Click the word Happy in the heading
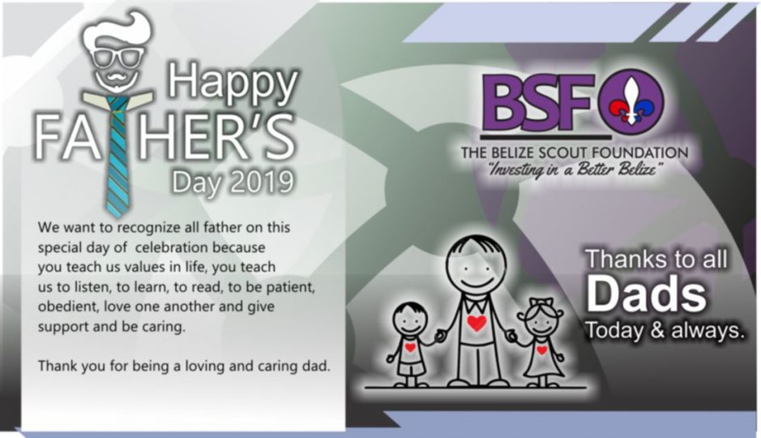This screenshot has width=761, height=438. pos(233,83)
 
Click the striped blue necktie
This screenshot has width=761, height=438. pos(117,156)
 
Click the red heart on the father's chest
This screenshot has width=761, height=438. pos(477,323)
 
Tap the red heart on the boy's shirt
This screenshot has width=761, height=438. pos(411,348)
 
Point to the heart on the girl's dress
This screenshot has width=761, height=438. pos(542,350)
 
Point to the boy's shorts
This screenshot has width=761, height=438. pos(411,368)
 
